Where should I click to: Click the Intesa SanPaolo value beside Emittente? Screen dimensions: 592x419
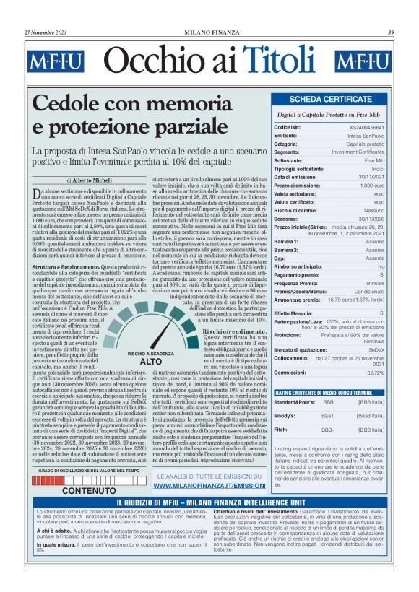366,135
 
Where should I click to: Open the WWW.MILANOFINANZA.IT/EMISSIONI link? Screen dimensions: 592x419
209,486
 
